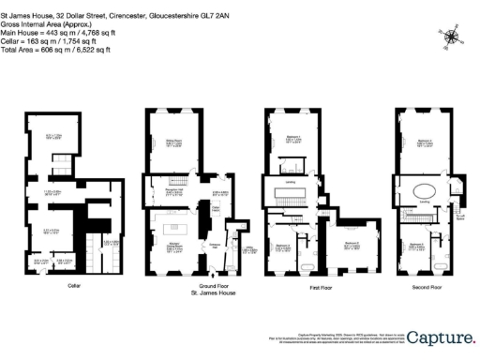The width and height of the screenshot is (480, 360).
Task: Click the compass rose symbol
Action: pyautogui.click(x=452, y=37)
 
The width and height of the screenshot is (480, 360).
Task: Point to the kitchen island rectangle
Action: pyautogui.click(x=172, y=231)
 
